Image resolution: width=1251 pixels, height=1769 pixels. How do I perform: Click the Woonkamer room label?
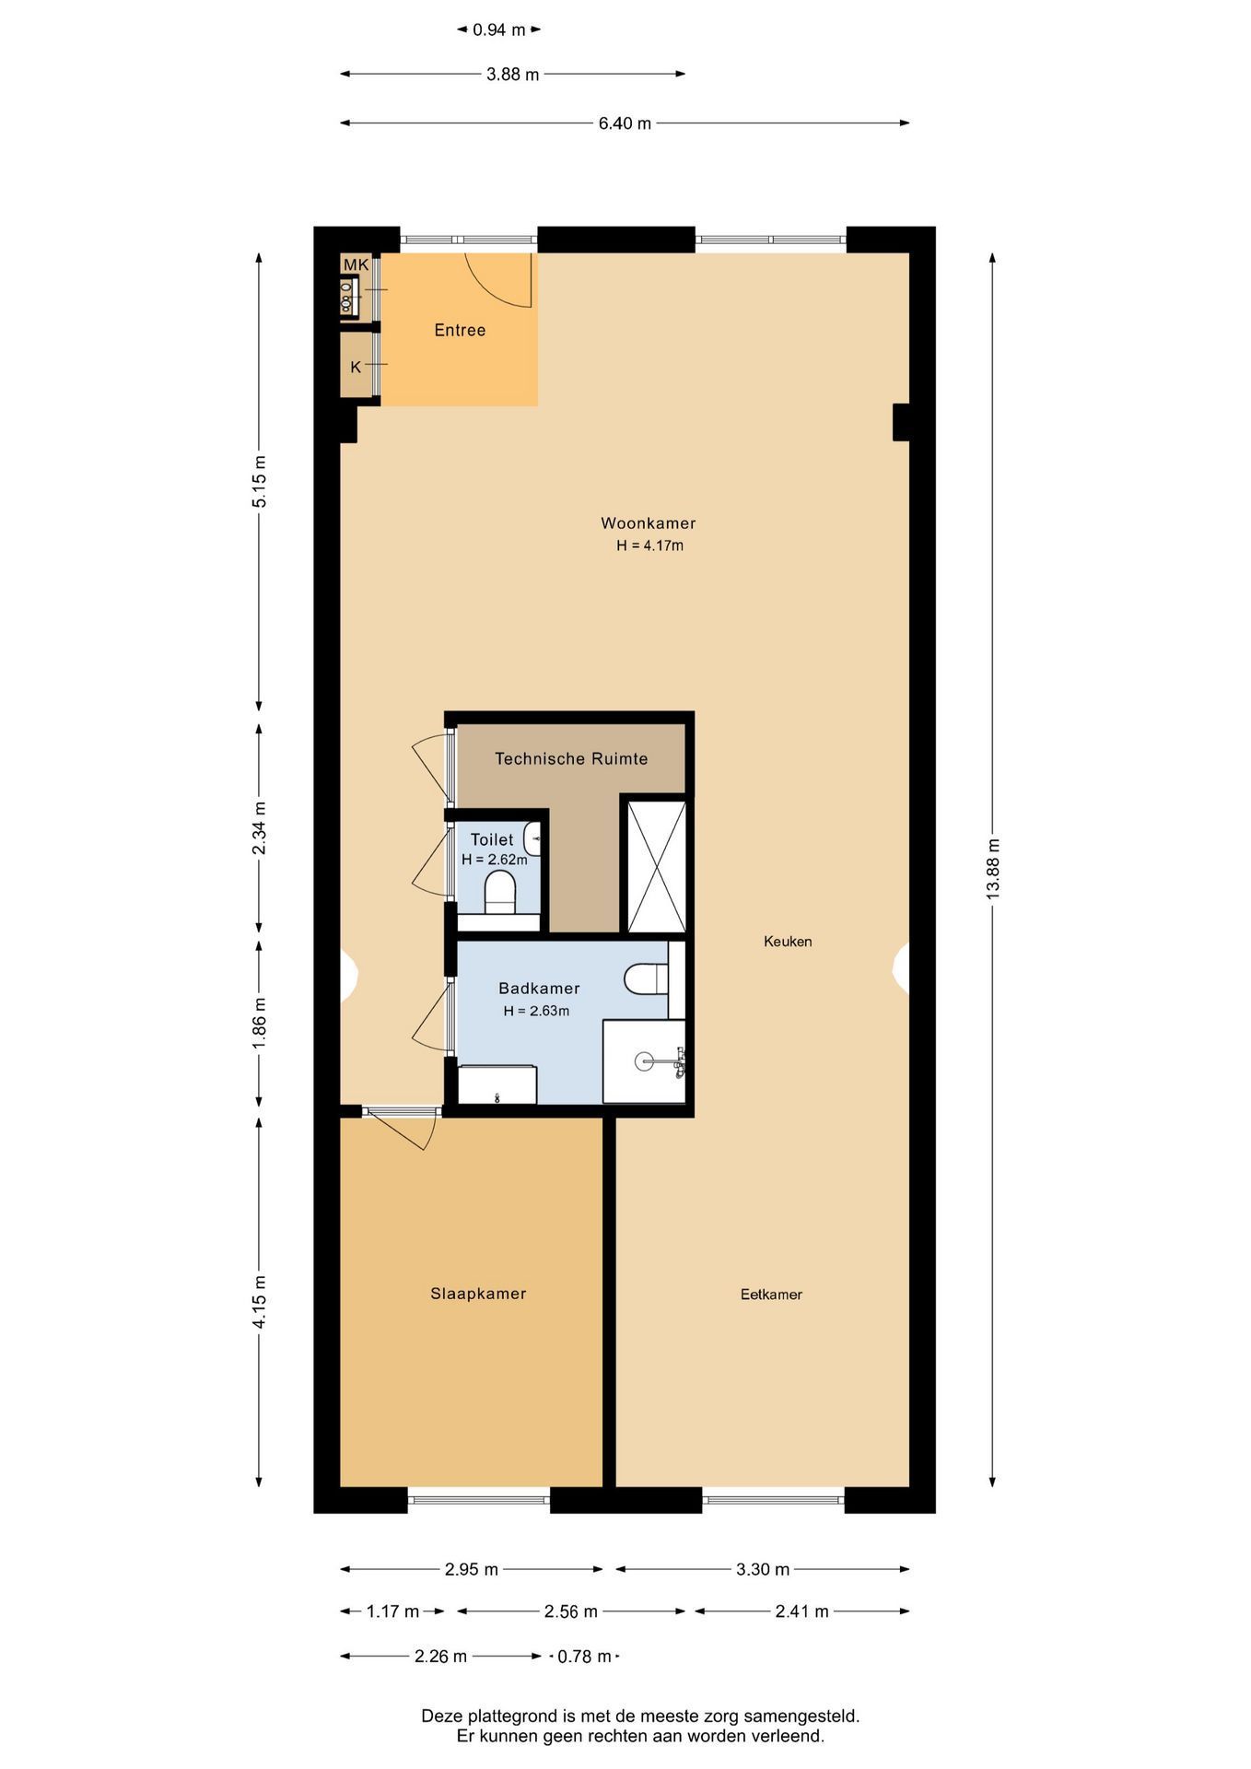pyautogui.click(x=648, y=523)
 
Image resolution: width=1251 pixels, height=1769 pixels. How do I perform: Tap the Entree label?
pyautogui.click(x=460, y=330)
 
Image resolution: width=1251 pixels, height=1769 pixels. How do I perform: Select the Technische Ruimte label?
pyautogui.click(x=571, y=759)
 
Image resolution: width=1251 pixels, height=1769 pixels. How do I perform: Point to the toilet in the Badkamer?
pyautogui.click(x=646, y=978)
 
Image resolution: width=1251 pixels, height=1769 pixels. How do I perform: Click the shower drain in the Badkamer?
pyautogui.click(x=645, y=1061)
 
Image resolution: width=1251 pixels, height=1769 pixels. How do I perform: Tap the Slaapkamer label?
pyautogui.click(x=478, y=1294)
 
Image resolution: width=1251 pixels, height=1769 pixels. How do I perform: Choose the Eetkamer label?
pyautogui.click(x=771, y=1295)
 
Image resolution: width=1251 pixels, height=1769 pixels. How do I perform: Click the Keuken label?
pyautogui.click(x=788, y=942)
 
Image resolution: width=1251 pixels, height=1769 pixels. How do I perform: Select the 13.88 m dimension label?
pyautogui.click(x=992, y=870)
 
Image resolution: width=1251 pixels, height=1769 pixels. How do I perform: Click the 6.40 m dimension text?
pyautogui.click(x=625, y=123)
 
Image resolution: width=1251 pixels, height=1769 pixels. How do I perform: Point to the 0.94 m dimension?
pyautogui.click(x=498, y=30)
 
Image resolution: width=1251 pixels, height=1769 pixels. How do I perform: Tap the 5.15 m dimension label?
pyautogui.click(x=260, y=481)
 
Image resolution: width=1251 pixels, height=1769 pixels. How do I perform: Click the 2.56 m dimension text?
pyautogui.click(x=571, y=1611)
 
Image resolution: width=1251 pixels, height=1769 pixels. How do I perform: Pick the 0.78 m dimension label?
pyautogui.click(x=585, y=1657)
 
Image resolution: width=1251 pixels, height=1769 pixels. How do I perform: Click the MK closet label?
pyautogui.click(x=356, y=265)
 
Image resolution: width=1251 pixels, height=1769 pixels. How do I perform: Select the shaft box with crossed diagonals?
pyautogui.click(x=657, y=867)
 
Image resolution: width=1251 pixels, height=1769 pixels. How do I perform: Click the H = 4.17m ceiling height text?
pyautogui.click(x=649, y=545)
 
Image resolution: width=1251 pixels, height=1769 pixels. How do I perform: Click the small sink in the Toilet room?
pyautogui.click(x=532, y=839)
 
